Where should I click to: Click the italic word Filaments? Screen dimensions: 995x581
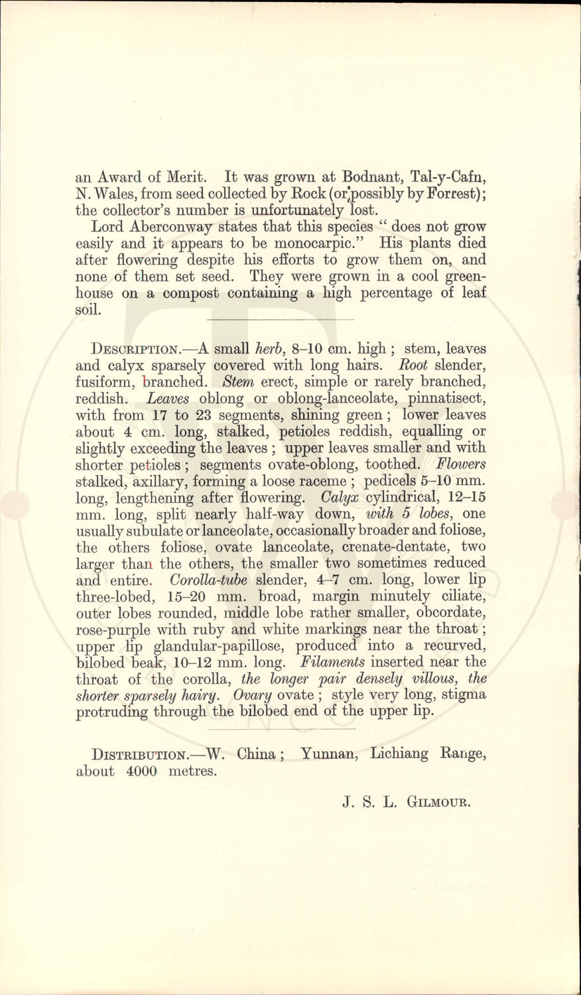333,662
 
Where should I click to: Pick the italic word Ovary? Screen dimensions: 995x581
255,695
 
